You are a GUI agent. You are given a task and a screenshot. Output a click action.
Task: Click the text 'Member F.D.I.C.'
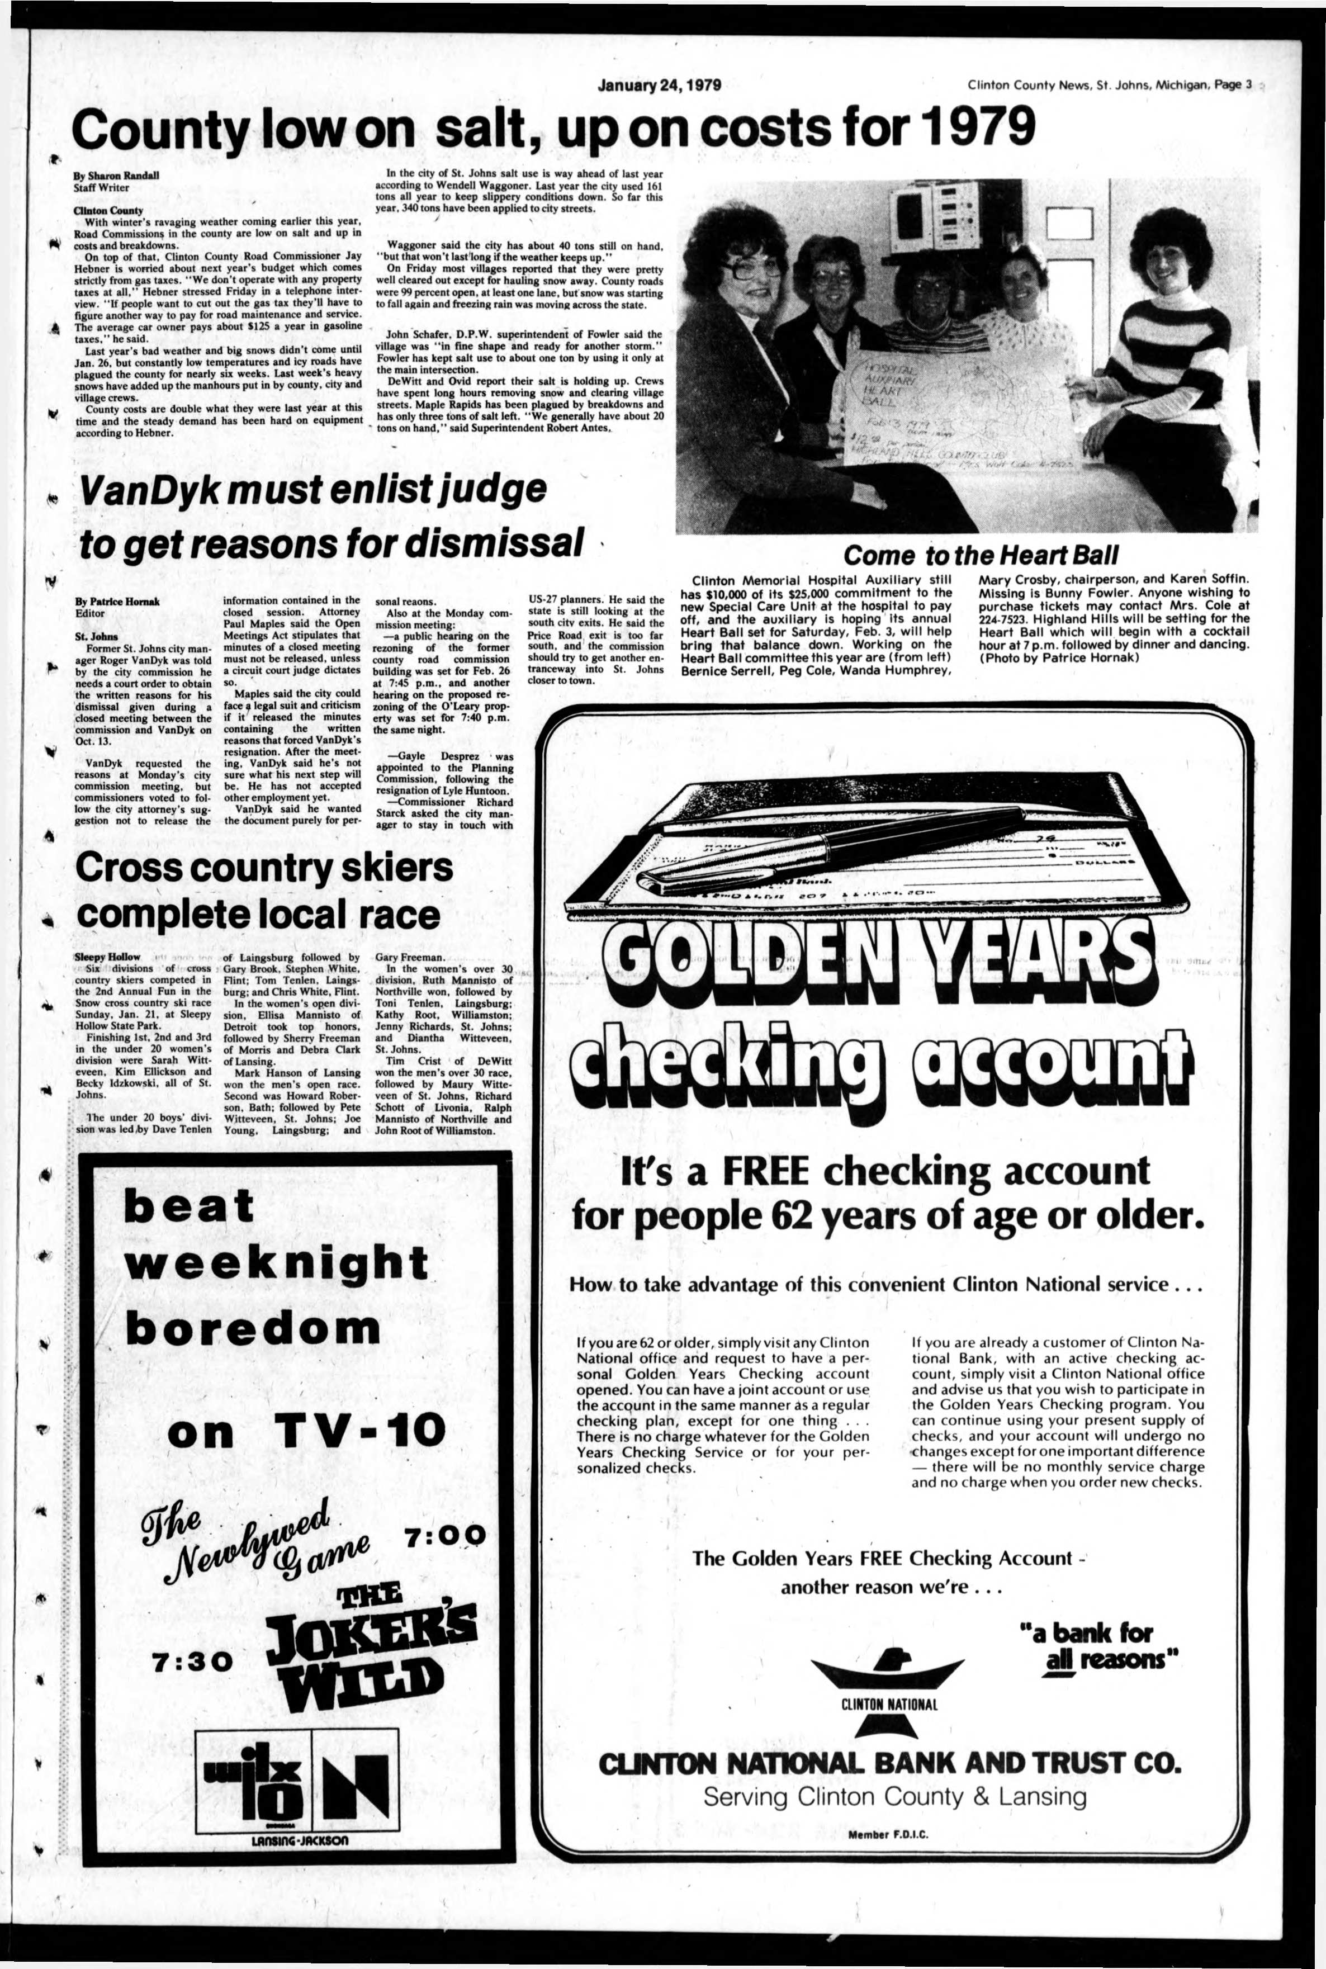[x=887, y=1834]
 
